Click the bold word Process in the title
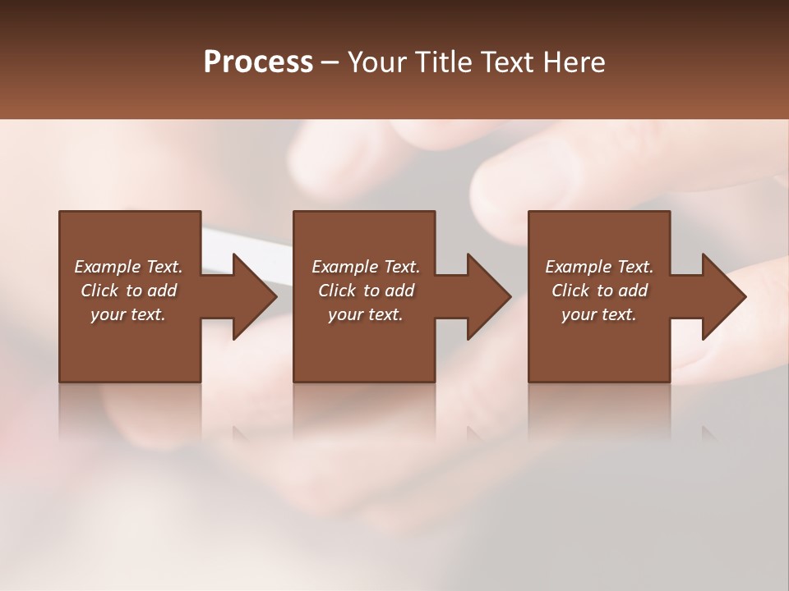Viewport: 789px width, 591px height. (258, 62)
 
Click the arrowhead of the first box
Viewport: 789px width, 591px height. (254, 296)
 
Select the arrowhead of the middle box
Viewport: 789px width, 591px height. (488, 296)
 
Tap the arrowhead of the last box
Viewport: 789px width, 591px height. (723, 296)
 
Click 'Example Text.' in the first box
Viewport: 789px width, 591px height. (129, 267)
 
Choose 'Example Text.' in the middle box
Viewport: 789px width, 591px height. (366, 267)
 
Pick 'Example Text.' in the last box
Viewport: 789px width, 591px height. (599, 267)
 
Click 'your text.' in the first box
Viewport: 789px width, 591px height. (128, 314)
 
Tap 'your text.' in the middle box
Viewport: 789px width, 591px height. (366, 314)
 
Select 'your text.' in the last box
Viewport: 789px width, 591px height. (599, 314)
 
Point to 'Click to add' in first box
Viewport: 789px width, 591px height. (129, 291)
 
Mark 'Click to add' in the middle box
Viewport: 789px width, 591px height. (366, 291)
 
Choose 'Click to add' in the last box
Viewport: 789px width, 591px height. (599, 291)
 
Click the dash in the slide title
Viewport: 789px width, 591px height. (330, 62)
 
